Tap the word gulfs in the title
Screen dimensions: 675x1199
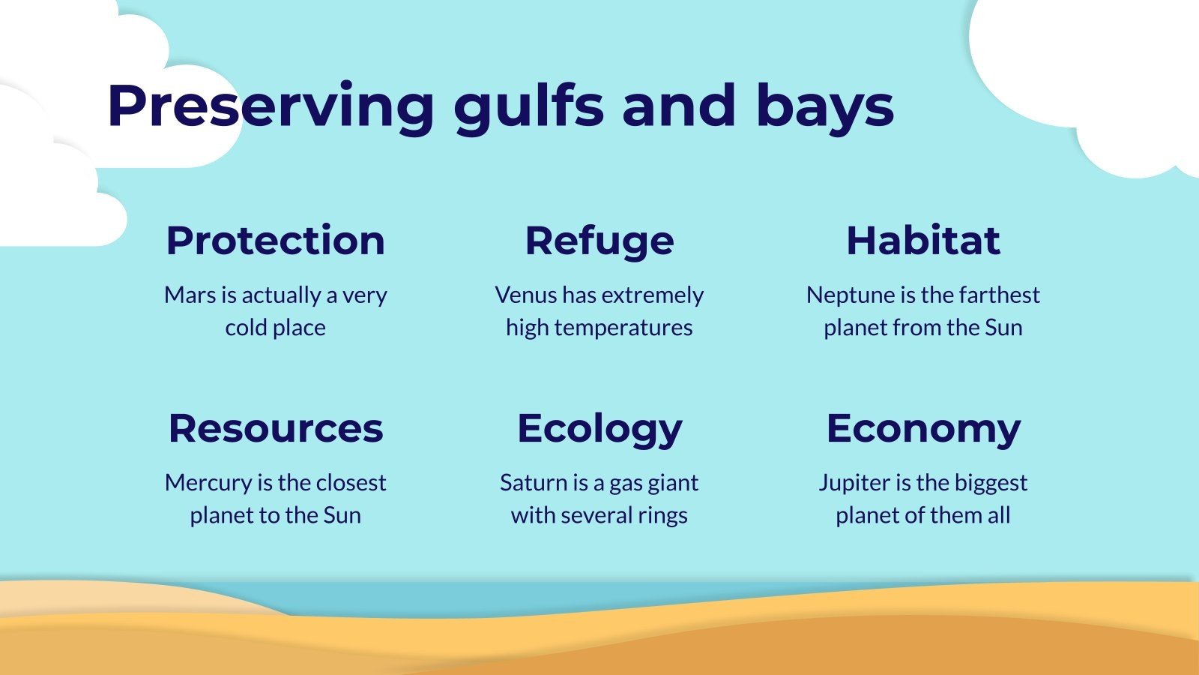[528, 106]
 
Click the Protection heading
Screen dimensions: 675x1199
[275, 241]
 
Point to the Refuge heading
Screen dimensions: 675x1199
[599, 241]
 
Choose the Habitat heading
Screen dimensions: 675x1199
[923, 241]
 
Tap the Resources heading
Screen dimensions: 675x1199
[275, 428]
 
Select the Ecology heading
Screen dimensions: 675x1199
[599, 428]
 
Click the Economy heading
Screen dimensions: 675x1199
[923, 428]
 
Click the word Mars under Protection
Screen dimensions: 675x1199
[190, 295]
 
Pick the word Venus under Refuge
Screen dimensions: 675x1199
[526, 295]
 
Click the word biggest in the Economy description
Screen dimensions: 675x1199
[990, 483]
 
